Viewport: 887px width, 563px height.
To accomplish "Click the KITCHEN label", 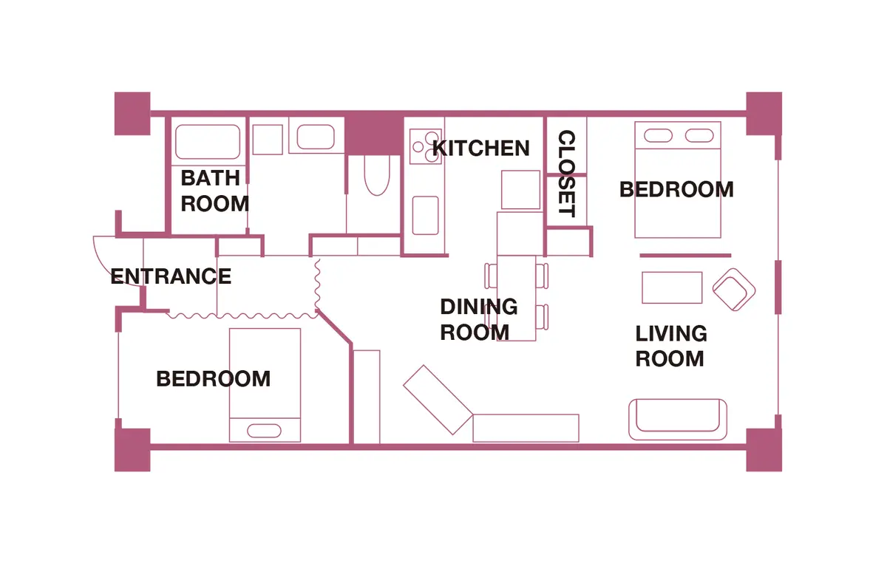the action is point(480,148).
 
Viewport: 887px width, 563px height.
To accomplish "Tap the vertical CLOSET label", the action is point(566,174).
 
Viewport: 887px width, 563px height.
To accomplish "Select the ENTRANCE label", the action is point(171,276).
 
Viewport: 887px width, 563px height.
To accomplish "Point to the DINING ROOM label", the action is point(479,319).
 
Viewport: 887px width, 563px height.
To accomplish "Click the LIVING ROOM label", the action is point(671,346).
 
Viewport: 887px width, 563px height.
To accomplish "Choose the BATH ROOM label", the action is point(214,191).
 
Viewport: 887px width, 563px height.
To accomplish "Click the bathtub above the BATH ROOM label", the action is point(208,142).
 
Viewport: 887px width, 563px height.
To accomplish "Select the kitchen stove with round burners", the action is point(425,146).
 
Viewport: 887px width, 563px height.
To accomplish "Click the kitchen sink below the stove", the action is point(425,216).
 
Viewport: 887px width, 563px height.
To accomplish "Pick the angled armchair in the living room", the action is point(734,290).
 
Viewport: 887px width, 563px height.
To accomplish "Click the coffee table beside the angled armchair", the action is point(672,287).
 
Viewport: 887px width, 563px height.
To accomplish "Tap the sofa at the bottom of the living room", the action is point(678,419).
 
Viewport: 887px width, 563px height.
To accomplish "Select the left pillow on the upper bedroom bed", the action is point(658,135).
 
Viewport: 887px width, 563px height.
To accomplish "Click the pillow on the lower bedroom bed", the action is point(264,431).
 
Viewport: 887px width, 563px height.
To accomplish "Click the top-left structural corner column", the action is point(132,114).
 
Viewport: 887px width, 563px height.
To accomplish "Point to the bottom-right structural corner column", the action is point(764,450).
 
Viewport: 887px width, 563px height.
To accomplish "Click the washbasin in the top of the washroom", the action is point(316,137).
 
